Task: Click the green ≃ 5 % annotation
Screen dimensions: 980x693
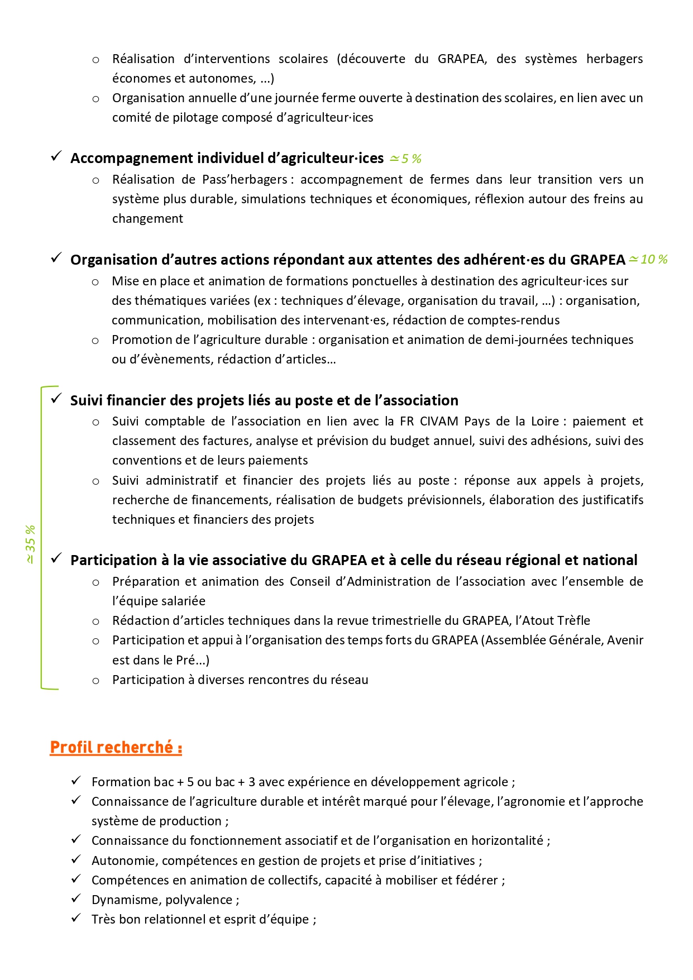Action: (x=405, y=159)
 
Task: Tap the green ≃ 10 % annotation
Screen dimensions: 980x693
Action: (x=648, y=260)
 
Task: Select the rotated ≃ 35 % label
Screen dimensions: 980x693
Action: (x=30, y=544)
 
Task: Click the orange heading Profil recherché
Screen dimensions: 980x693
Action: (x=116, y=747)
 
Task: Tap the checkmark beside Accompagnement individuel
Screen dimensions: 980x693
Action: (x=56, y=157)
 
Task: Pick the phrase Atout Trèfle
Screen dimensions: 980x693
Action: (x=556, y=621)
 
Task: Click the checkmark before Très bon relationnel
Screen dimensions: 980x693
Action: (x=77, y=918)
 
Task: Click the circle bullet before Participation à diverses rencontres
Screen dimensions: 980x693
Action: (x=96, y=681)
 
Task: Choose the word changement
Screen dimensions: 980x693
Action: (x=147, y=219)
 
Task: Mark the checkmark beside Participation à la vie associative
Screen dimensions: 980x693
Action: (x=56, y=559)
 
